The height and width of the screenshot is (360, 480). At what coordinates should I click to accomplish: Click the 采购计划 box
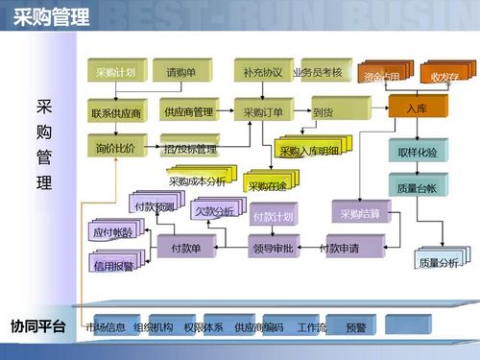[115, 72]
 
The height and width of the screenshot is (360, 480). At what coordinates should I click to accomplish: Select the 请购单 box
[180, 72]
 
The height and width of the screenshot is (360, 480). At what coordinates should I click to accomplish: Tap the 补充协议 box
[262, 72]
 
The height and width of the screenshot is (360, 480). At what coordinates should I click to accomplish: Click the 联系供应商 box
[115, 113]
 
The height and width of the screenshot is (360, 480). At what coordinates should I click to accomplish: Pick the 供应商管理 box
[188, 112]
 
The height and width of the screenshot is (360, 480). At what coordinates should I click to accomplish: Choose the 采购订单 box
[263, 113]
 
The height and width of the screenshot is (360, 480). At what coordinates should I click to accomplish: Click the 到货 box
[322, 113]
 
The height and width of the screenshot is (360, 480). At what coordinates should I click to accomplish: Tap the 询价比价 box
[115, 149]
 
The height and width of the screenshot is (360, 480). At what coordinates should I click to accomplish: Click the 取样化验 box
[417, 153]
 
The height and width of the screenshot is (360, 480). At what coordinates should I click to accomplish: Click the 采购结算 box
[360, 212]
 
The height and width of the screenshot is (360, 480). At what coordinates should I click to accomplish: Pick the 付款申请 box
[339, 249]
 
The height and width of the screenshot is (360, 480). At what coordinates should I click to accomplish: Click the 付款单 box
[186, 249]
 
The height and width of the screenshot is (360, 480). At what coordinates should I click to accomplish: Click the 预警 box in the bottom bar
[356, 327]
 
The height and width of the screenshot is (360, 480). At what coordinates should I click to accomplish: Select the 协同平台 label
[37, 327]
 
